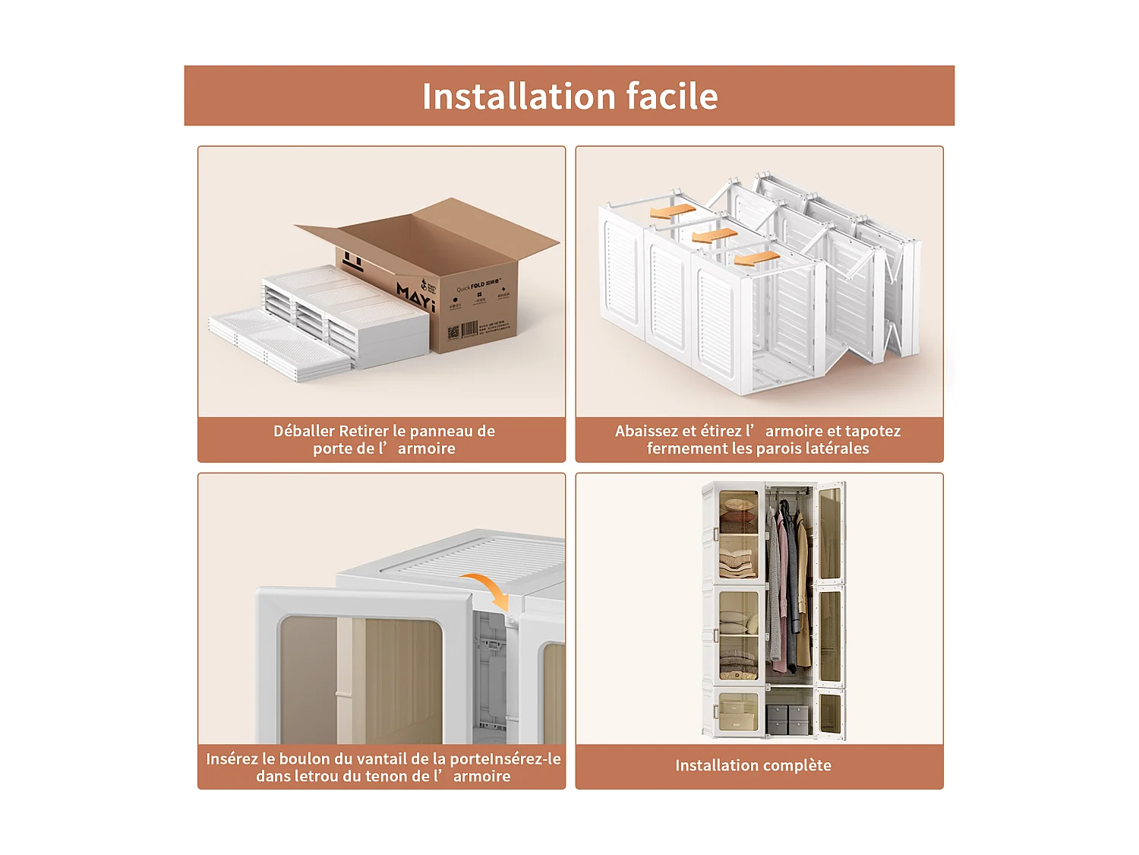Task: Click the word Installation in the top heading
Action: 519,97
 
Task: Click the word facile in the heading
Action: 671,97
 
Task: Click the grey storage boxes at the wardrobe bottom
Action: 788,719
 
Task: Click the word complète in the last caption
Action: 797,765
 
